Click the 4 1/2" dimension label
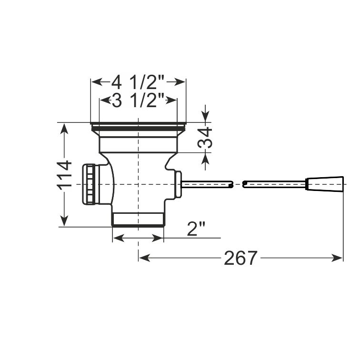click(138, 82)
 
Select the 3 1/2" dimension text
click(138, 100)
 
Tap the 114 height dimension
click(64, 175)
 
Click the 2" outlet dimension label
click(196, 229)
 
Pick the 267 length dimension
click(240, 258)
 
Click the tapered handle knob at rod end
click(325, 183)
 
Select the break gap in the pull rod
click(237, 184)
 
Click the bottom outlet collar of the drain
click(138, 220)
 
